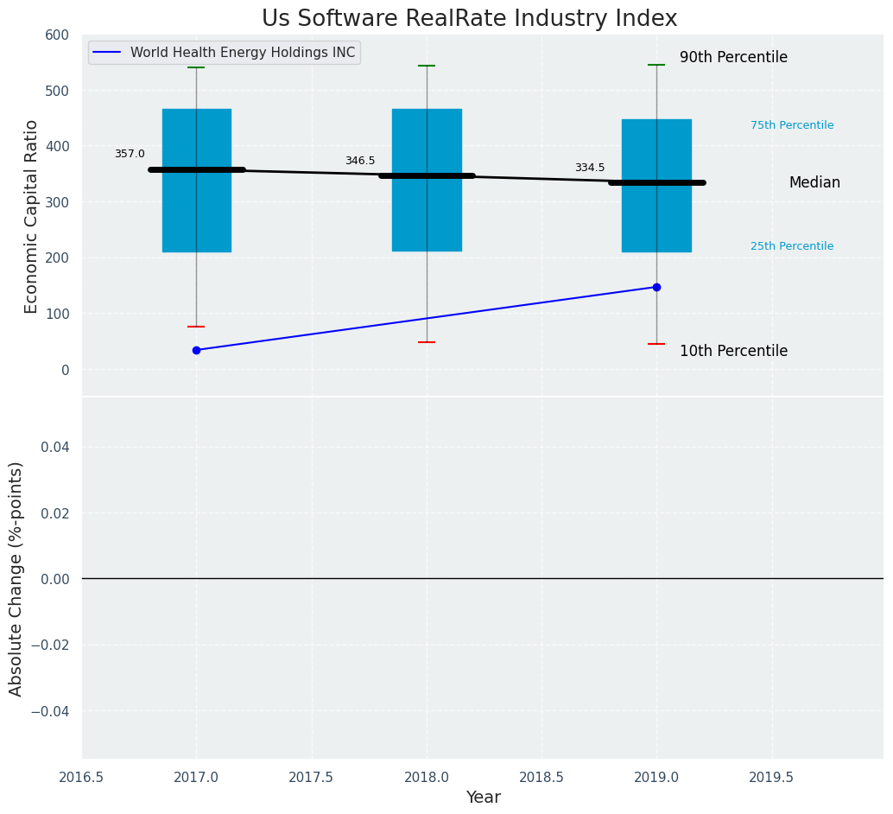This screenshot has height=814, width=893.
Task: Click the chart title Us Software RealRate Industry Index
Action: [x=469, y=19]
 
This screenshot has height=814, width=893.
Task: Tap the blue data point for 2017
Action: [x=196, y=350]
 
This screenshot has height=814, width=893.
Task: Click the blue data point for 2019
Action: [x=656, y=287]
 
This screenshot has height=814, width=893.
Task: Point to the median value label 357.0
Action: [x=130, y=154]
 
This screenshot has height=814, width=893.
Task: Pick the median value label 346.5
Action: [x=360, y=161]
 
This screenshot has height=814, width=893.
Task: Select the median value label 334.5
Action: [x=590, y=168]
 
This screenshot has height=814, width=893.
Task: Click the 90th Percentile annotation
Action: [x=733, y=58]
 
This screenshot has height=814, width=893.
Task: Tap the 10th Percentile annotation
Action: [x=733, y=352]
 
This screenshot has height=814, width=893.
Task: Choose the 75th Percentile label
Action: [x=792, y=125]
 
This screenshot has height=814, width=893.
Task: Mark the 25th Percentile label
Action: [x=792, y=246]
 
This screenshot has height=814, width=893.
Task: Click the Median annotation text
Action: [x=814, y=183]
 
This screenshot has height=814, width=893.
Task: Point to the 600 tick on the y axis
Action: [x=57, y=35]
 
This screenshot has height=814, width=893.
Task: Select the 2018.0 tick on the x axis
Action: [x=427, y=778]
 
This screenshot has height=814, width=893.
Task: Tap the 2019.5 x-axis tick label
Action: [x=771, y=778]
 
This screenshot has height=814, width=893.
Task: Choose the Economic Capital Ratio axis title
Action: [x=32, y=216]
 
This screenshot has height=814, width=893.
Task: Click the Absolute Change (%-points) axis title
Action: [x=16, y=578]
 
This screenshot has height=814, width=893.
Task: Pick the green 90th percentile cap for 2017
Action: [x=196, y=67]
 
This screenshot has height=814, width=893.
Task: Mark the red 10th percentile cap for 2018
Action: [x=427, y=342]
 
